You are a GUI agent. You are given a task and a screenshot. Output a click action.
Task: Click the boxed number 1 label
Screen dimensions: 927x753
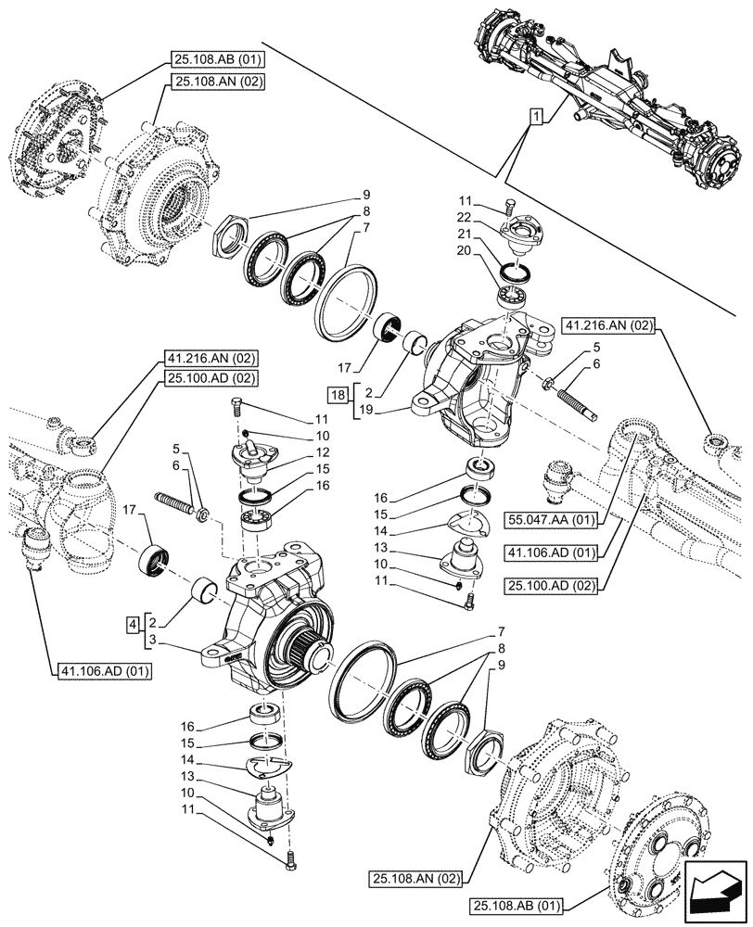tap(535, 117)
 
